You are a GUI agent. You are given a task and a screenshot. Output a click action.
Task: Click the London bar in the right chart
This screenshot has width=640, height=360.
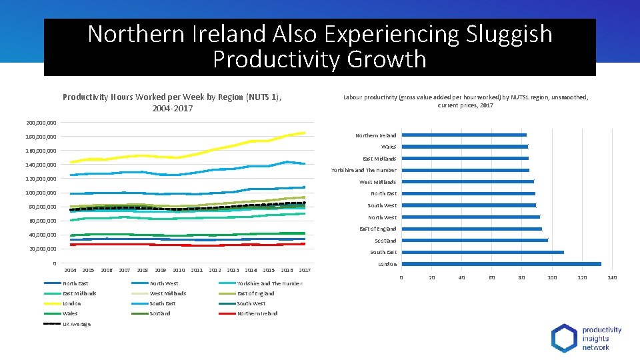[x=501, y=264]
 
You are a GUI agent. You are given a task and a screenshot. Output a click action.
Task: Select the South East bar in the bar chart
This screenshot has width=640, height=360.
[x=482, y=252]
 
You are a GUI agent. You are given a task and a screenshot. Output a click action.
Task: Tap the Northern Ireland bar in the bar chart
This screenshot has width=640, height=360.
[x=463, y=135]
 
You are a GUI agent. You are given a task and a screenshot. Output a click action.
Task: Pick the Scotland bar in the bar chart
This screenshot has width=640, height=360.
[x=474, y=240]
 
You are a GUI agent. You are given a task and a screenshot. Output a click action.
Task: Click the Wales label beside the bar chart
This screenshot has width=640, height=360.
[x=388, y=147]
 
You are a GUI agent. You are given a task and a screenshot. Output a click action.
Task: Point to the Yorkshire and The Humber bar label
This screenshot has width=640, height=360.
[x=363, y=170]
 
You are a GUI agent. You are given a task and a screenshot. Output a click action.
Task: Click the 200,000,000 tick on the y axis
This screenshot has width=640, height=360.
[x=41, y=123]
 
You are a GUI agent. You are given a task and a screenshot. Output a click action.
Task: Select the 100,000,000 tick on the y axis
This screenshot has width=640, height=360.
[x=41, y=193]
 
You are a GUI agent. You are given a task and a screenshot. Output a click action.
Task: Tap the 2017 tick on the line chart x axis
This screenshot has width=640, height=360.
[x=305, y=270]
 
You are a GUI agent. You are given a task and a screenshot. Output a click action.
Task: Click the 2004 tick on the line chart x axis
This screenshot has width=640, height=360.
[x=70, y=270]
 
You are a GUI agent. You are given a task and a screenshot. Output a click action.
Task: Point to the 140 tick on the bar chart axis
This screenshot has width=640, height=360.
[x=612, y=277]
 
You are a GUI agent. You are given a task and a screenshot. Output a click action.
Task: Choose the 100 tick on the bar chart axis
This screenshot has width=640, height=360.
[x=552, y=277]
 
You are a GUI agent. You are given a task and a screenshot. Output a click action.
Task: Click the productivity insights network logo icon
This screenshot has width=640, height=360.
[x=564, y=338]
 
